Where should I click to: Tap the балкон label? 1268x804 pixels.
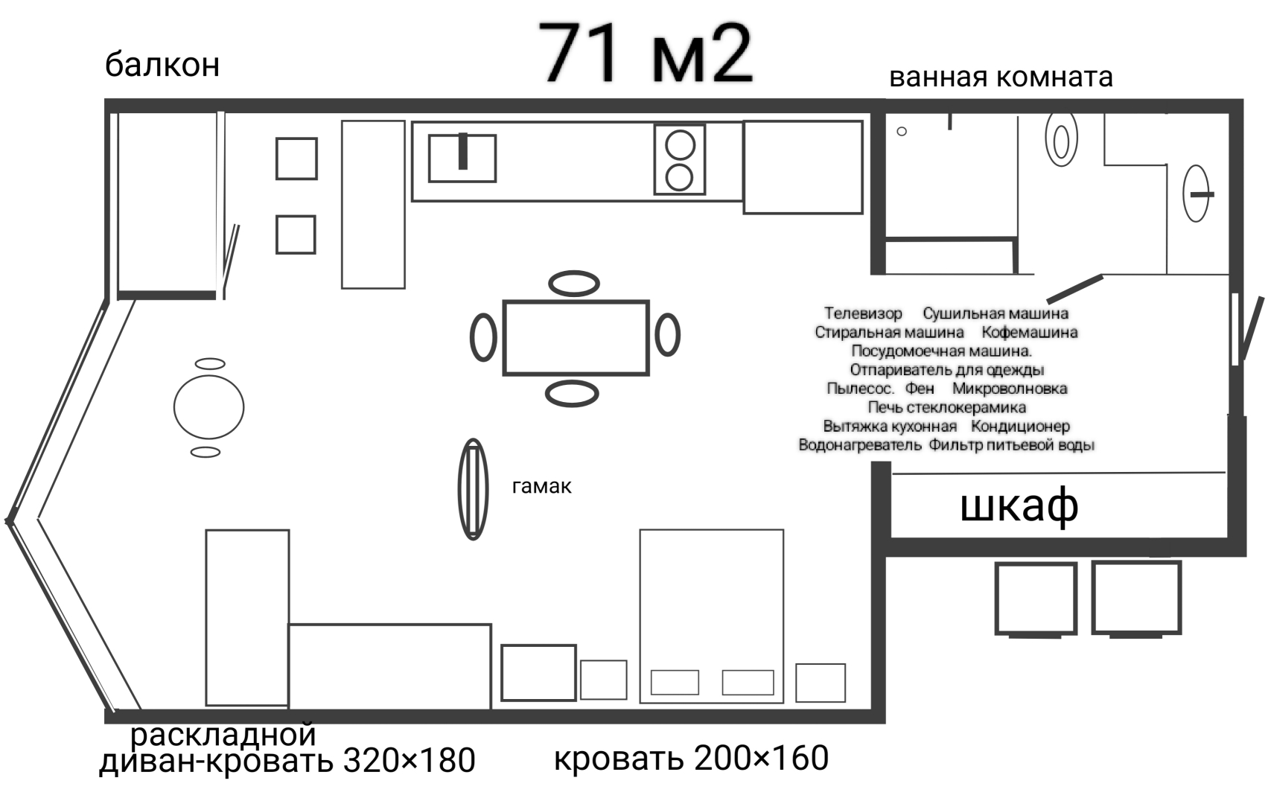point(162,65)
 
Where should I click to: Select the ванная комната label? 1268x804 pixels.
point(1001,77)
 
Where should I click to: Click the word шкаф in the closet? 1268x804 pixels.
point(1019,505)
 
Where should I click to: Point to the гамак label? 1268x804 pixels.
point(541,487)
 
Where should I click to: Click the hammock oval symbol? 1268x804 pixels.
point(473,489)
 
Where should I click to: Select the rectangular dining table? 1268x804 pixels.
point(576,337)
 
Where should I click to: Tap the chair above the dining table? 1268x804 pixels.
point(574,283)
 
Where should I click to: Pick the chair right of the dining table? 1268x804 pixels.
point(667,335)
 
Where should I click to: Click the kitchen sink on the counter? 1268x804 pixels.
point(462,158)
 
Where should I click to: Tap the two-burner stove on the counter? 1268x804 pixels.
point(679,160)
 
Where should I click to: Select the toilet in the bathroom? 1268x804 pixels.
point(1061,139)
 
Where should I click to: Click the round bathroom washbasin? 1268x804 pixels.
point(1197,194)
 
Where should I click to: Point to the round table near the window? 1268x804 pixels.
point(208,406)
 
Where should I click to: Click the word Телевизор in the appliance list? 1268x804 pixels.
point(863,314)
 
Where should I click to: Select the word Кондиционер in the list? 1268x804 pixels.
point(1020,427)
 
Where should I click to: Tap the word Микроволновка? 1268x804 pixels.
point(1010,389)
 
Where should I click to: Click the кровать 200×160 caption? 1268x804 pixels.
point(691,759)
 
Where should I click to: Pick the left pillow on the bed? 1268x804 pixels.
point(675,682)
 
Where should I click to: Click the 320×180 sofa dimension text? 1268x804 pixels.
point(409,761)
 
